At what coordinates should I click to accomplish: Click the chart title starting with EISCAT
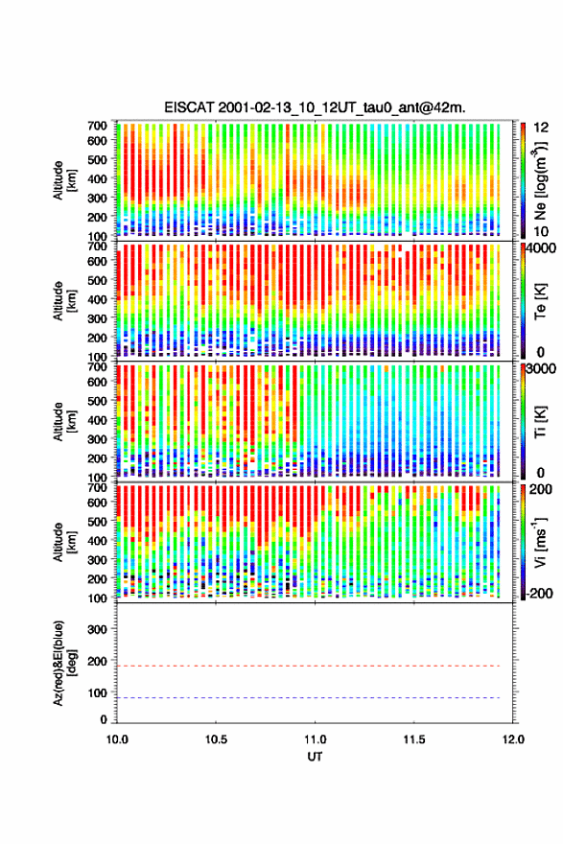[315, 107]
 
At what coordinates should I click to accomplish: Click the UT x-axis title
[315, 757]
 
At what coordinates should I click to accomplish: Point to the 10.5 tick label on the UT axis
[216, 739]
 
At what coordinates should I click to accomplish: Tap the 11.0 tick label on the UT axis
[315, 739]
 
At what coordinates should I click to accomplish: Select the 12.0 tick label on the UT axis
[513, 739]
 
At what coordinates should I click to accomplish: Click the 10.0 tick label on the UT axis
[117, 739]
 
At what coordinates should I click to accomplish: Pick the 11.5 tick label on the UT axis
[414, 739]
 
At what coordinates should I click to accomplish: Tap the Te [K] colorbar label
[540, 301]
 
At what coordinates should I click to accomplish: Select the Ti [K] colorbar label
[540, 422]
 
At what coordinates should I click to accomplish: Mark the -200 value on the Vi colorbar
[539, 593]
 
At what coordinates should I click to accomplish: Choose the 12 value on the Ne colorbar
[541, 128]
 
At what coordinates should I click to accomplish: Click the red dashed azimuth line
[309, 666]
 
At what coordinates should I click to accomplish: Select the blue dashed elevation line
[309, 697]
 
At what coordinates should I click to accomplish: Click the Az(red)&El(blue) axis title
[64, 663]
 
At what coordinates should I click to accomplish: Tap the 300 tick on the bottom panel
[98, 629]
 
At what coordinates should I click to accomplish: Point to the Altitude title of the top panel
[64, 179]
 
